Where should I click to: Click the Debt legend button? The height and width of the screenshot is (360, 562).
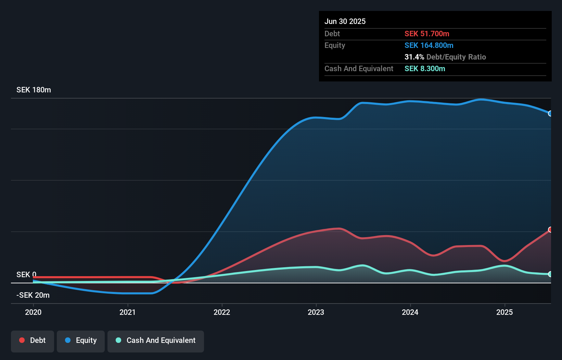point(33,341)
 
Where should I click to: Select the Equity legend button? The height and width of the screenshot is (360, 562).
point(81,341)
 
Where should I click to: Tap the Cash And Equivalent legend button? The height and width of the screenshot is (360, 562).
point(156,341)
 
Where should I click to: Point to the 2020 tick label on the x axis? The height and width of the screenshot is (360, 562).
point(33,312)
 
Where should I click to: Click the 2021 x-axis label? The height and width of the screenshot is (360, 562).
point(127,312)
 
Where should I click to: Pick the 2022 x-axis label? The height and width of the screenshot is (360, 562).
point(222,312)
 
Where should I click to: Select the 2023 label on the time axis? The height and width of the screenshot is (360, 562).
point(316,312)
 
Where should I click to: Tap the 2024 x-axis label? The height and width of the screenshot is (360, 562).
point(410,312)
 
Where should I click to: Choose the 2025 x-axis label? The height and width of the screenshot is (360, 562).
point(504,312)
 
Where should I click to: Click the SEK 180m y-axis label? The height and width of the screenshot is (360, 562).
point(34,90)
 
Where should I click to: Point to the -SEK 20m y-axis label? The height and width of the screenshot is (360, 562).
point(33,295)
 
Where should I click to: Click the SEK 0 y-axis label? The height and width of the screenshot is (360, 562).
point(26,275)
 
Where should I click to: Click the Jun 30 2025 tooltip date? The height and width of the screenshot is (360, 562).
point(345,22)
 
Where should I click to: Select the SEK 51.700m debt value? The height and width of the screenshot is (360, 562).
point(427,34)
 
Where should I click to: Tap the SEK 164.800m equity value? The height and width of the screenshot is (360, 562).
point(429,46)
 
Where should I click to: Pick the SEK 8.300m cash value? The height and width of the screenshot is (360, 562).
point(425,69)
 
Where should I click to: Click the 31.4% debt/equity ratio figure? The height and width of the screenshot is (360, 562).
point(414,57)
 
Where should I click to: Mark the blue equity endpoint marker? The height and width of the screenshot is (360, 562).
point(550,113)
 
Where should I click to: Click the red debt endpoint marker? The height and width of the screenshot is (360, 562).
point(550,230)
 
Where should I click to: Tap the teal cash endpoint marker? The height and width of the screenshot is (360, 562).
point(550,274)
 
